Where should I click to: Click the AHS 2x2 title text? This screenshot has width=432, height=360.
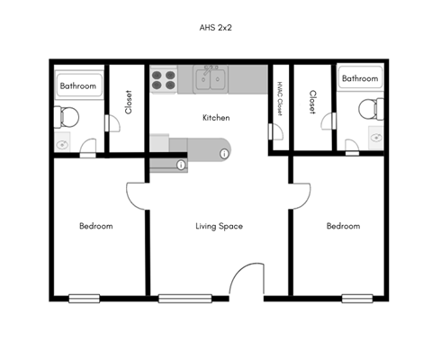(x=216, y=27)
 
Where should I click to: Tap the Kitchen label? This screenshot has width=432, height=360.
(x=216, y=118)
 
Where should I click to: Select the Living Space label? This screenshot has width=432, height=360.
(x=220, y=226)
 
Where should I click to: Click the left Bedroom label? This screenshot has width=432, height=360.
(x=95, y=226)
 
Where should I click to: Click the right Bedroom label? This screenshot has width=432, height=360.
(x=343, y=226)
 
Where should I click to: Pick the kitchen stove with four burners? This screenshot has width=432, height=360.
(x=163, y=81)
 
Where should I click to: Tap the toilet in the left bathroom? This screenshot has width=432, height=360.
(x=67, y=115)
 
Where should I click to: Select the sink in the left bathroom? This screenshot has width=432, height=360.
(x=63, y=143)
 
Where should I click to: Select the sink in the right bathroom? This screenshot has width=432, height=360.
(x=373, y=136)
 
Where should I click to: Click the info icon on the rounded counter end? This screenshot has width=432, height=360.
(x=224, y=154)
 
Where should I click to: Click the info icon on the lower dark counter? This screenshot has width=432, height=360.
(x=181, y=166)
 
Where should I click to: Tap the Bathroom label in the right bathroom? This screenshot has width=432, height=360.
(x=360, y=79)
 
